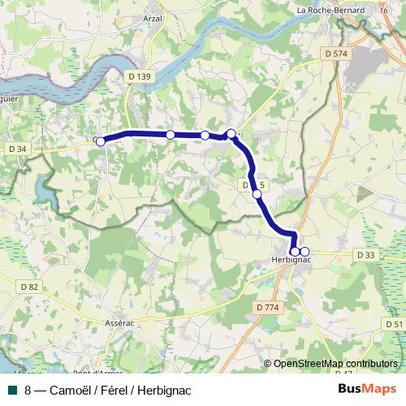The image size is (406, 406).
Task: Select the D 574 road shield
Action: point(335,53)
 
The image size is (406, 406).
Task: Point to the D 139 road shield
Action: point(139,76)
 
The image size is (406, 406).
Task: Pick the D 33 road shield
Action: point(366,254)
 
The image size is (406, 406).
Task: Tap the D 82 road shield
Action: point(28,287)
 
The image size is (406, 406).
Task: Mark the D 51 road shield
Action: point(395,324)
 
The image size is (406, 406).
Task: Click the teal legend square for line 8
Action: point(12,390)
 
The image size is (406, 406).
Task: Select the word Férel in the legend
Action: point(111,390)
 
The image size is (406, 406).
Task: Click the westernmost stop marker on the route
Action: point(101,141)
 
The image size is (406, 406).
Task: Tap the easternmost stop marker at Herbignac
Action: point(304,252)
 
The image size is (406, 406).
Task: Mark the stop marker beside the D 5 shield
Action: point(257,193)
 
